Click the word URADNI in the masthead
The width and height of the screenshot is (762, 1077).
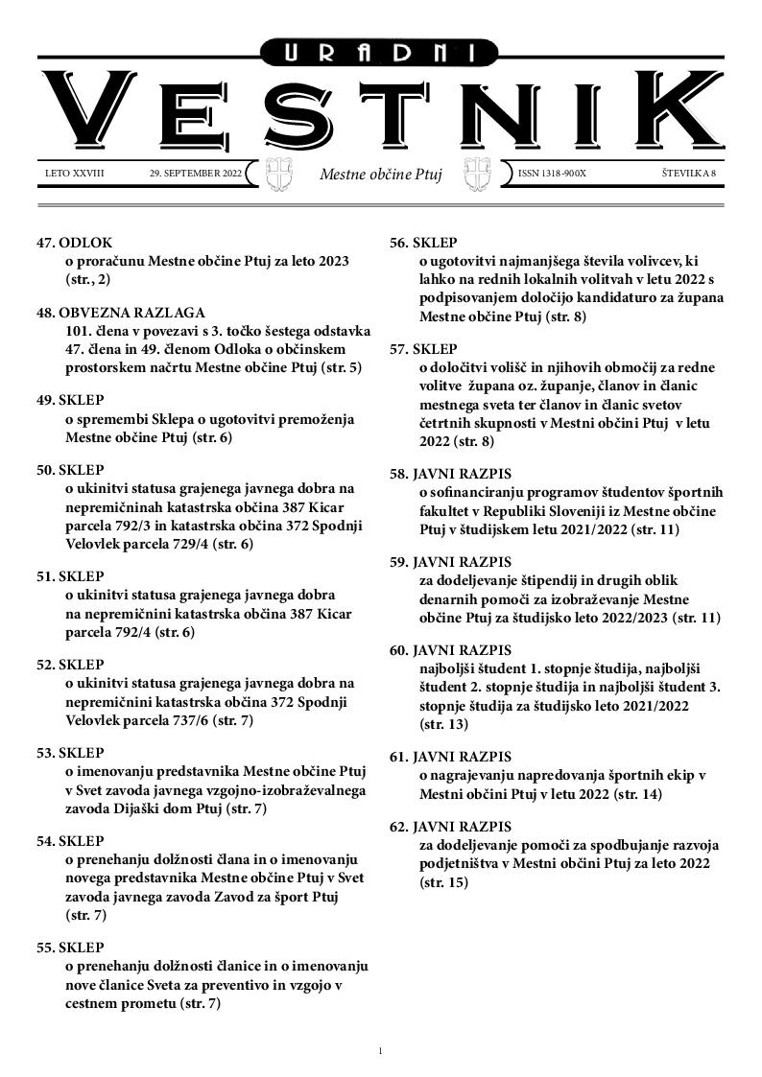tap(380, 55)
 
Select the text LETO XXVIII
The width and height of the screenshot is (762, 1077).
tap(74, 175)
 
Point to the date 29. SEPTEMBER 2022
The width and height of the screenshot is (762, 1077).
tap(196, 175)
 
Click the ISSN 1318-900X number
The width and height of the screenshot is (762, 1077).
tap(552, 175)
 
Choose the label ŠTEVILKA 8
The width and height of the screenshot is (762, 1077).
tap(689, 175)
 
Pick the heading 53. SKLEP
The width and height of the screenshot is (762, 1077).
tap(70, 753)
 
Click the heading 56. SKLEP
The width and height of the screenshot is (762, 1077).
tap(423, 243)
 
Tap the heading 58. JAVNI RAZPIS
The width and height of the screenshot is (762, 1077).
tap(450, 474)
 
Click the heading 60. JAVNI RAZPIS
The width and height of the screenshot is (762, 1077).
tap(450, 650)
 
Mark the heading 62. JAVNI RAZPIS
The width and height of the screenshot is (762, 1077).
tap(450, 827)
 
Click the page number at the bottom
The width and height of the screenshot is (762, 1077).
tap(381, 1052)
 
